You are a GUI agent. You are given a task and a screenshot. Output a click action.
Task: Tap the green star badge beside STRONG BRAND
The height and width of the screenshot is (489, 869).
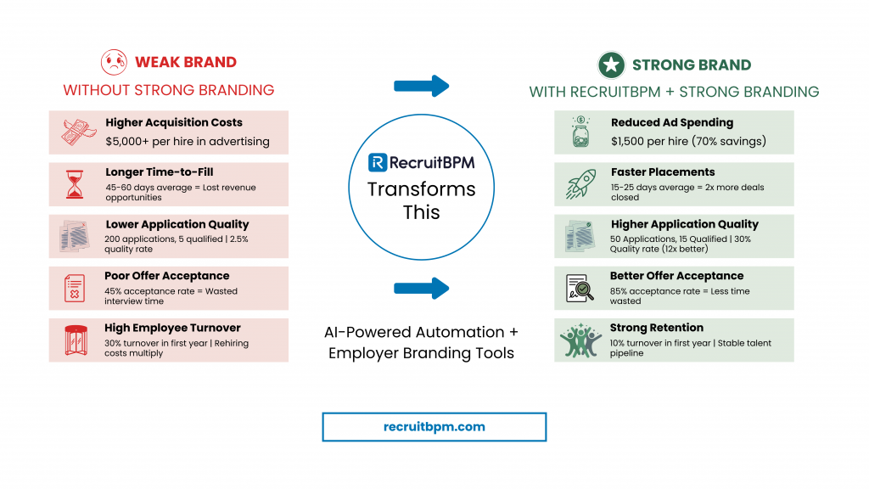click(x=610, y=65)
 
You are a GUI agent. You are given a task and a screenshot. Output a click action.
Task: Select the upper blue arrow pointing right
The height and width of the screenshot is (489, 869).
click(x=421, y=86)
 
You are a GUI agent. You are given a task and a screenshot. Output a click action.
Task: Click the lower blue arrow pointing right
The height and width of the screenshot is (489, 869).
click(x=421, y=289)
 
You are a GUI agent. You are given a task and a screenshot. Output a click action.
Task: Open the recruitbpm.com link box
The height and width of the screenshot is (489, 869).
click(x=434, y=426)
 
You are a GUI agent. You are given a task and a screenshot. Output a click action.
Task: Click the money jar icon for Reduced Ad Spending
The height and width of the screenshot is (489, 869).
click(x=580, y=132)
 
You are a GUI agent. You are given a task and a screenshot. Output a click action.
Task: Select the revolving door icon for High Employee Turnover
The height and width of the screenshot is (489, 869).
click(x=75, y=340)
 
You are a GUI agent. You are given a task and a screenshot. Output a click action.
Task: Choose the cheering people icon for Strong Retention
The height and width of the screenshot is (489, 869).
click(x=580, y=340)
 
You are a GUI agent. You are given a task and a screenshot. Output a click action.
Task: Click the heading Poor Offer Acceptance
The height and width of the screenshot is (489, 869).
click(x=166, y=276)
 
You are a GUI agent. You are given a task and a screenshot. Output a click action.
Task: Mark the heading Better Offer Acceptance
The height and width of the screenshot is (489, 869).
click(x=676, y=276)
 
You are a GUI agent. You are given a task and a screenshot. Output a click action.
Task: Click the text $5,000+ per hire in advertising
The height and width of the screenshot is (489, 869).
click(x=188, y=141)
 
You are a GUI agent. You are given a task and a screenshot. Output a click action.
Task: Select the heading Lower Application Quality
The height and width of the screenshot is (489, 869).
click(x=177, y=224)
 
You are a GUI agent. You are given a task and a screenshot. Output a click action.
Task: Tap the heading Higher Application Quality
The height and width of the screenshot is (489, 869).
click(x=684, y=224)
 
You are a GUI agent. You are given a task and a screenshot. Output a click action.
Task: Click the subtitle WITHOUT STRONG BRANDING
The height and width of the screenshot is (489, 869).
click(x=168, y=90)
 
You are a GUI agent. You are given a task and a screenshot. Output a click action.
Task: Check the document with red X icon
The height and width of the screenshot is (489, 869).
click(x=75, y=289)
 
